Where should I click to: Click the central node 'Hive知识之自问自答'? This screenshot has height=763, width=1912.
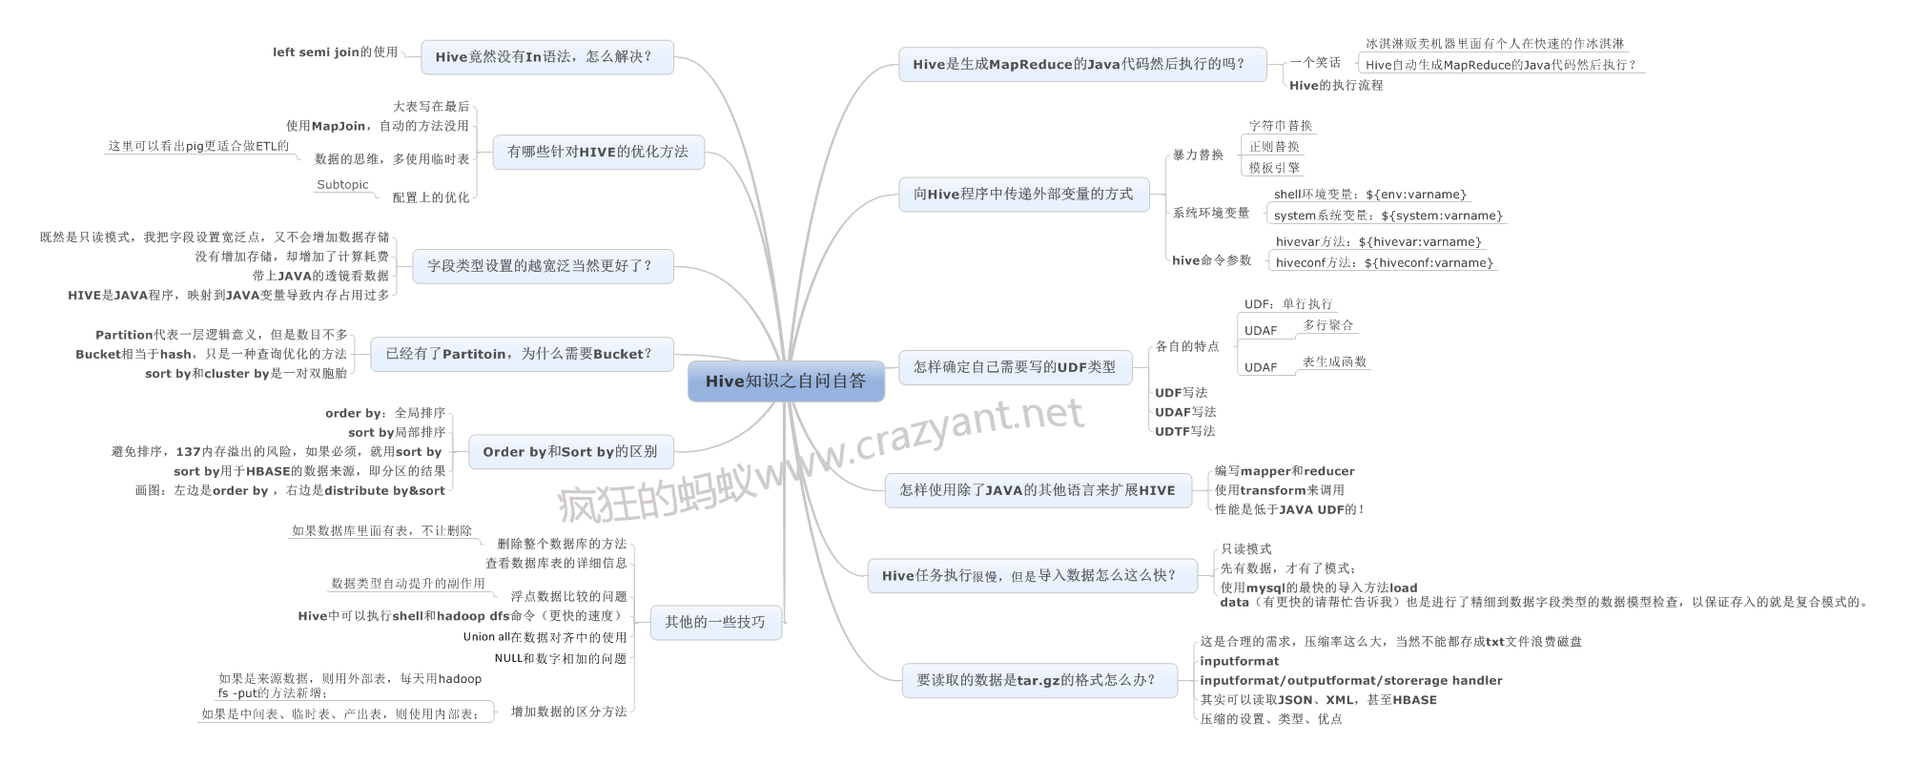pyautogui.click(x=786, y=381)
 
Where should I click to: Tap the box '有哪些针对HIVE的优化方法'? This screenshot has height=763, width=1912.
pyautogui.click(x=598, y=152)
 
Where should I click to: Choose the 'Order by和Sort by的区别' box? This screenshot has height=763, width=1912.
pyautogui.click(x=570, y=452)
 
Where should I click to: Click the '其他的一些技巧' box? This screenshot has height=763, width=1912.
pyautogui.click(x=714, y=622)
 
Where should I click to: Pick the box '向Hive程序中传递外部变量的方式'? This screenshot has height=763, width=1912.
pyautogui.click(x=1023, y=195)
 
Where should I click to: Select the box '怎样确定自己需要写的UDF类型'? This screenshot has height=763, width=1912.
pyautogui.click(x=1015, y=367)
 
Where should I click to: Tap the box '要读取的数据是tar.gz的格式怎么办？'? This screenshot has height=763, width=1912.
pyautogui.click(x=1038, y=680)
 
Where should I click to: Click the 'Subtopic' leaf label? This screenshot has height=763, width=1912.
pyautogui.click(x=342, y=185)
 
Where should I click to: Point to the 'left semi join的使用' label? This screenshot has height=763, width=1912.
pyautogui.click(x=335, y=52)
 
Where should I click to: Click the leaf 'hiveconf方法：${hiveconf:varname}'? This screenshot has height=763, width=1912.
pyautogui.click(x=1384, y=263)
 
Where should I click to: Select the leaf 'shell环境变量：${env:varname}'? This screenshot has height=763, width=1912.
pyautogui.click(x=1370, y=195)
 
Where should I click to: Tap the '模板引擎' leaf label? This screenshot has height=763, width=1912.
pyautogui.click(x=1274, y=168)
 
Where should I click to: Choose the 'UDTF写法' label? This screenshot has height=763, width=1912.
pyautogui.click(x=1185, y=431)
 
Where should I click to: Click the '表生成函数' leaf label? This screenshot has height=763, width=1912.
pyautogui.click(x=1334, y=362)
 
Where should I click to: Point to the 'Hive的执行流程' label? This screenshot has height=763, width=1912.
pyautogui.click(x=1335, y=86)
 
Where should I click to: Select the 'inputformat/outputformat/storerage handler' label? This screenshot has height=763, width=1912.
pyautogui.click(x=1350, y=681)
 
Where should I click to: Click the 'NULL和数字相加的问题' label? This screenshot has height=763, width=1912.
pyautogui.click(x=560, y=658)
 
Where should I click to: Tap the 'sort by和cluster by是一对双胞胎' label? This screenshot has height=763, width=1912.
pyautogui.click(x=246, y=374)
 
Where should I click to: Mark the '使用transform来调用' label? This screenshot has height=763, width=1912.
pyautogui.click(x=1279, y=490)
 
